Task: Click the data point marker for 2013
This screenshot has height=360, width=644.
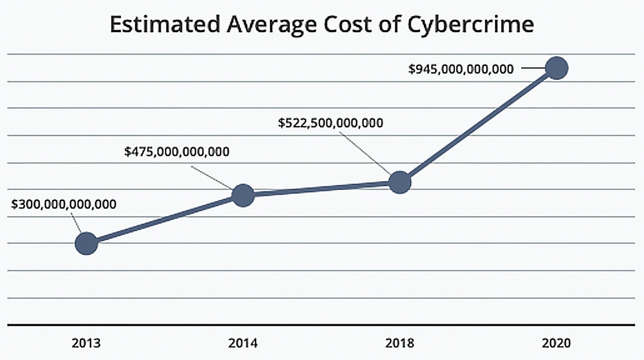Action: click(86, 244)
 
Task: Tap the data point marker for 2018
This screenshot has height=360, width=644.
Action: click(400, 182)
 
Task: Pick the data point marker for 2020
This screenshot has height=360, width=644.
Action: click(557, 68)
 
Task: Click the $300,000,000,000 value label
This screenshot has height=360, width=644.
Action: click(64, 205)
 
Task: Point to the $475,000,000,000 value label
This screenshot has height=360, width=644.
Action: click(177, 152)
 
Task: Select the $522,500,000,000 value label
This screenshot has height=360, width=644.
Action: click(331, 123)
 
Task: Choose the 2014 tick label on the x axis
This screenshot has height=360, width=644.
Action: click(243, 342)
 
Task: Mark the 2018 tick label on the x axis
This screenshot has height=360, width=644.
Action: click(400, 342)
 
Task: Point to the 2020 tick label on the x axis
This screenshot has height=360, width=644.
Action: click(557, 342)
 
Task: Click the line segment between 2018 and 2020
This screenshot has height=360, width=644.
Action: click(478, 126)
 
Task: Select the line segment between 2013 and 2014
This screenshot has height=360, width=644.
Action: click(164, 219)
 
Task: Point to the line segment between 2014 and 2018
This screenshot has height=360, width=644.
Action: click(321, 189)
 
